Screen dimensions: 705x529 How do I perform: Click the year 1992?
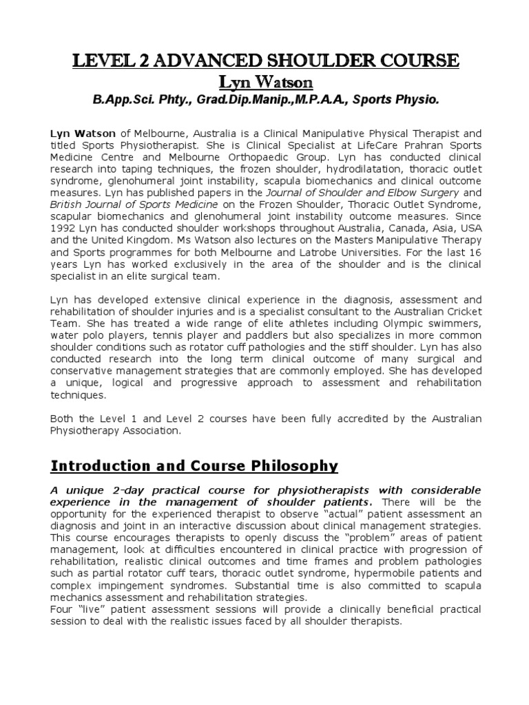tap(65, 227)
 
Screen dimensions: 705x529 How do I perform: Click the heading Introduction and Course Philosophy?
tap(195, 466)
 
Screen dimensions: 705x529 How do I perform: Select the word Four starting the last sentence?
tap(63, 609)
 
